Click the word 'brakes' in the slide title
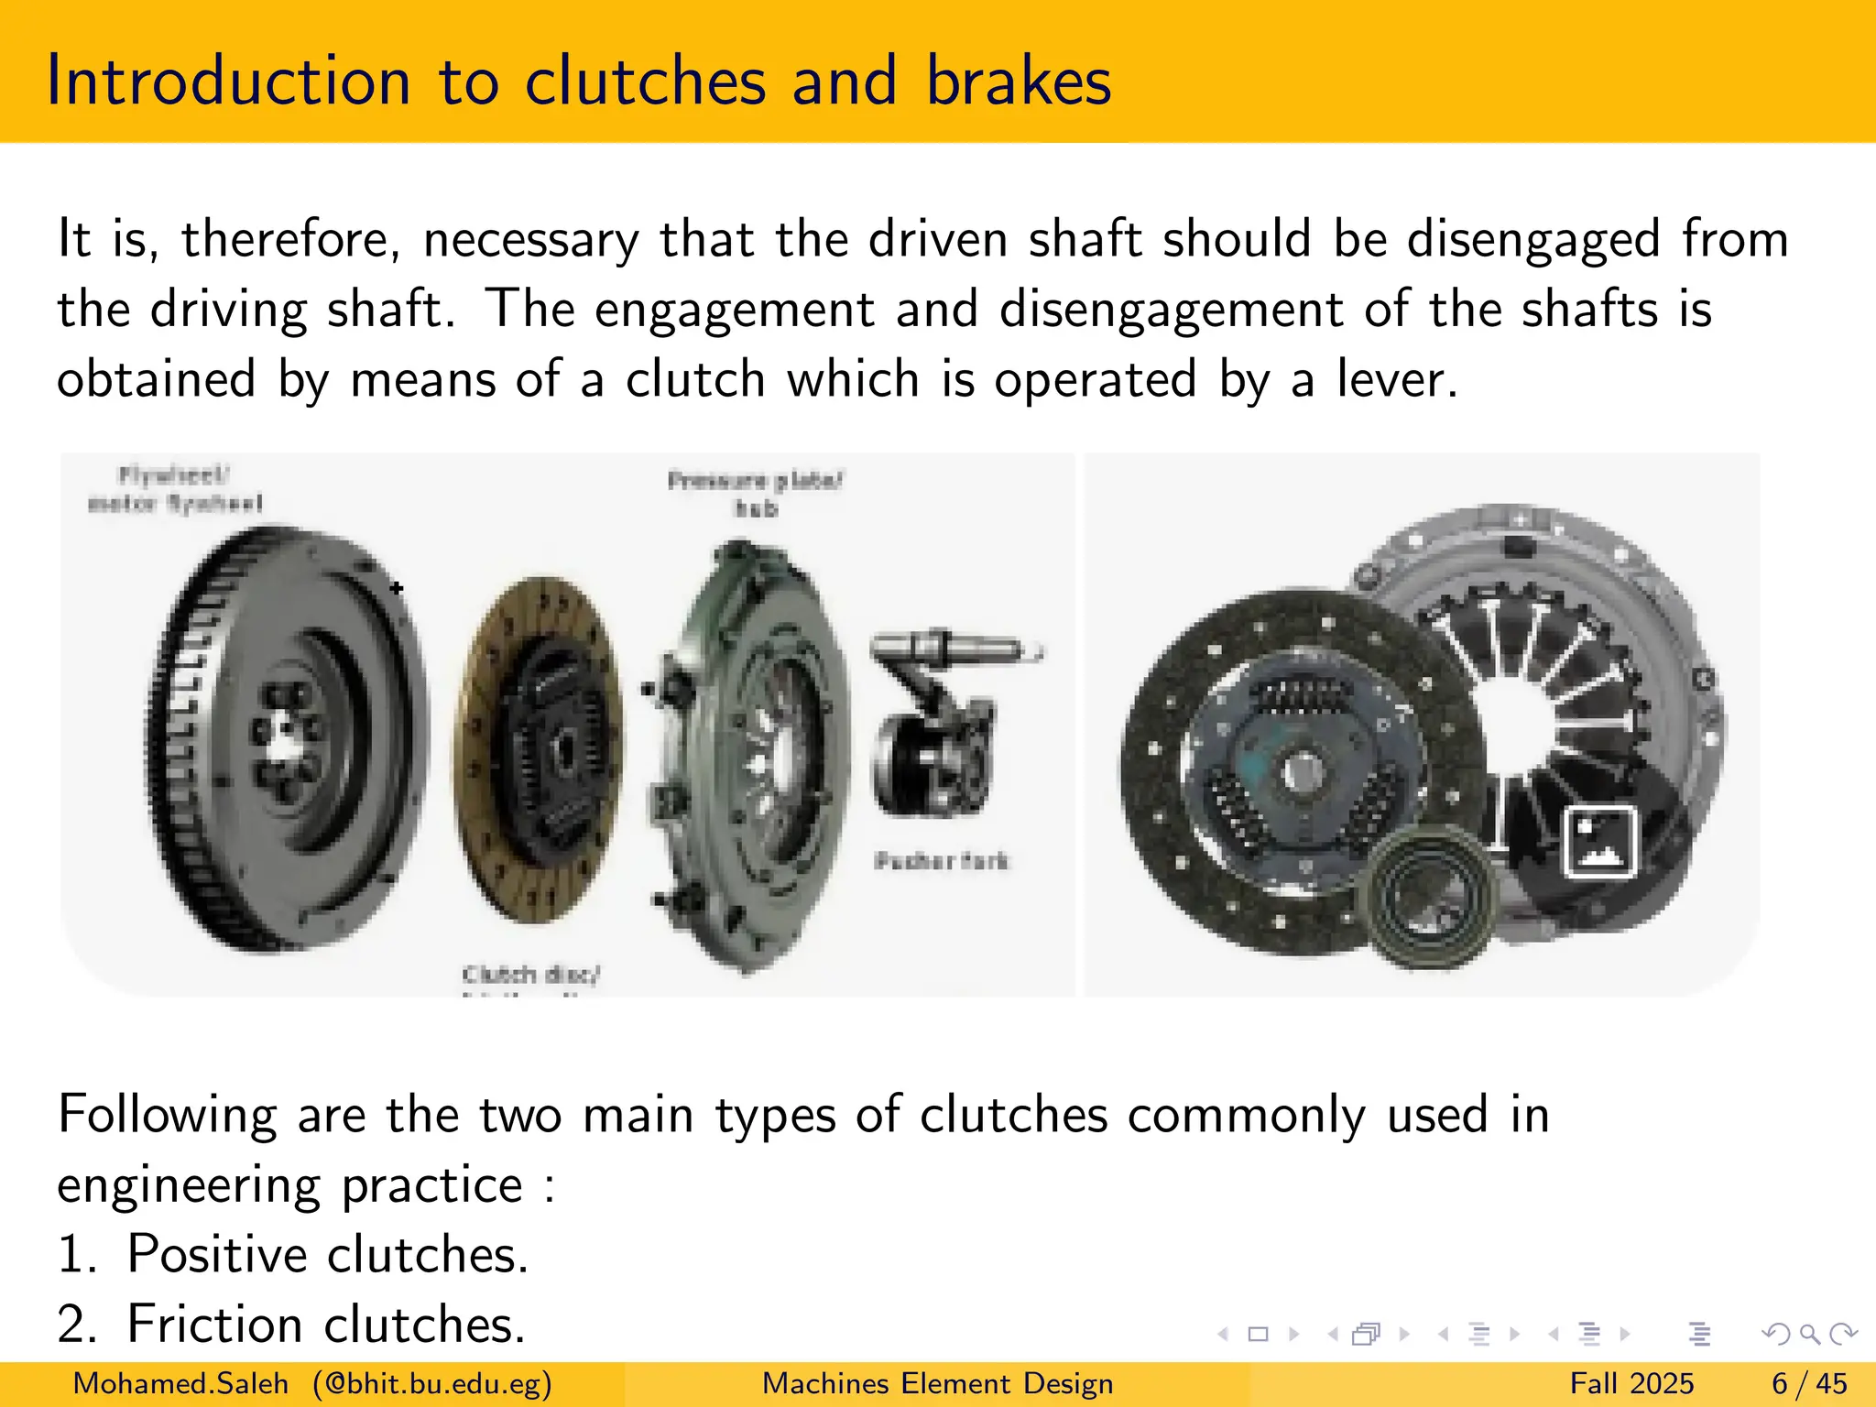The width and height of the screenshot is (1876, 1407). click(1018, 81)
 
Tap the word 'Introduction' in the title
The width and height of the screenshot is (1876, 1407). click(228, 81)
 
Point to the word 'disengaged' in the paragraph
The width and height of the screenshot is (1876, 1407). click(1532, 240)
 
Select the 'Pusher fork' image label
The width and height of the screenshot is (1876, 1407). click(941, 861)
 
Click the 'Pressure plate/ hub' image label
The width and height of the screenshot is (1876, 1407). click(755, 494)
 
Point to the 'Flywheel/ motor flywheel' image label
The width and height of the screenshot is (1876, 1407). click(174, 489)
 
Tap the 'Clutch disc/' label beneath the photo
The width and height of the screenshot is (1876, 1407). click(530, 974)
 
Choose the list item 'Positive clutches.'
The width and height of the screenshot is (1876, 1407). click(293, 1254)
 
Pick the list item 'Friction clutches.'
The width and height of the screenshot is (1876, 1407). click(291, 1325)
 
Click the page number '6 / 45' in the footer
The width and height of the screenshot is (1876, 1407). click(1809, 1383)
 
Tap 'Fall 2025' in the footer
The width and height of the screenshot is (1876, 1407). click(1631, 1383)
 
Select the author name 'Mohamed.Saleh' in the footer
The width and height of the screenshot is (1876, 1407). click(180, 1383)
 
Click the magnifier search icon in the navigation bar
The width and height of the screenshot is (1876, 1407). click(1809, 1334)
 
